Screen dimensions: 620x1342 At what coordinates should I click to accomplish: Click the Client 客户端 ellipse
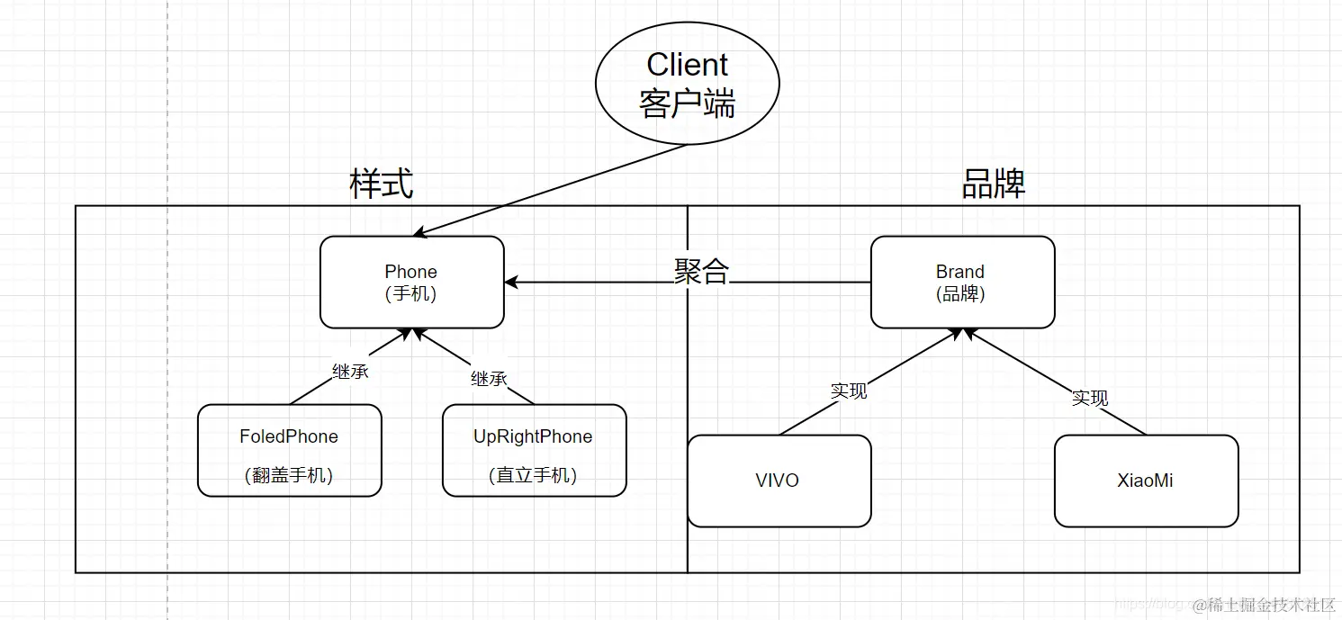coord(687,84)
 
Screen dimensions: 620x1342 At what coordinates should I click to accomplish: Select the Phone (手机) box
coord(411,283)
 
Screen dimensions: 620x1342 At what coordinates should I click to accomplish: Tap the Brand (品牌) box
coord(962,283)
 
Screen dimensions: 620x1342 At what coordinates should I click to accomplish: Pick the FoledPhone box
coord(289,451)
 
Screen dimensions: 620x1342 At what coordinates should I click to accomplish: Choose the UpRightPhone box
coord(534,451)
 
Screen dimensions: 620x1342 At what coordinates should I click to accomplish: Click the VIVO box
coord(779,481)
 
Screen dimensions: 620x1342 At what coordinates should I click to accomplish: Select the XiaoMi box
coord(1146,481)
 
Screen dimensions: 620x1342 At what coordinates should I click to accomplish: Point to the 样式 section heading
coord(381,184)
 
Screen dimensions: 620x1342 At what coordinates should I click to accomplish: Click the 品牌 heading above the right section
coord(994,184)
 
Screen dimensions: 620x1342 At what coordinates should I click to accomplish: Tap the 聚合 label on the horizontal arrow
coord(701,271)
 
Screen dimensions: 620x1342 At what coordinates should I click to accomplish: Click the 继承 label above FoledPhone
coord(350,371)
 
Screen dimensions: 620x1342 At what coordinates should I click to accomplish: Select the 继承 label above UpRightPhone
coord(489,378)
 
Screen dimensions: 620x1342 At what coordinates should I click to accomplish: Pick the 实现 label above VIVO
coord(849,391)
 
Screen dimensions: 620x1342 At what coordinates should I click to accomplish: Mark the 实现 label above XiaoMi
coord(1089,398)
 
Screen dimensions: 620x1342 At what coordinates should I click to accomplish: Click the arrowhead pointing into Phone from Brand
coord(512,283)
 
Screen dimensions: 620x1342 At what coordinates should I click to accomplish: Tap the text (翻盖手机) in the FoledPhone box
coord(289,476)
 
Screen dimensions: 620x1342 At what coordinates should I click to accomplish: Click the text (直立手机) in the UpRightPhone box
coord(533,476)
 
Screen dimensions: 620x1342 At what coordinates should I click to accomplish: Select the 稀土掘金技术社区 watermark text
coord(1272,604)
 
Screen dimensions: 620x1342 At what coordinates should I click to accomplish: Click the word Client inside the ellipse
coord(687,65)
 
